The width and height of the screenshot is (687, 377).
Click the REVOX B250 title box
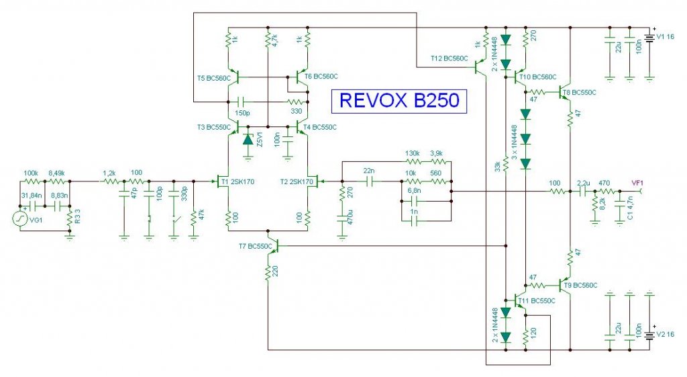399,100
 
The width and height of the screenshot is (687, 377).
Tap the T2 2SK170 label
295,181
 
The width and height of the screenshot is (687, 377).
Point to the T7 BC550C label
255,246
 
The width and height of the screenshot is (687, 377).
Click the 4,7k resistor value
274,41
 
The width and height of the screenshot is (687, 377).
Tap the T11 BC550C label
539,300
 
